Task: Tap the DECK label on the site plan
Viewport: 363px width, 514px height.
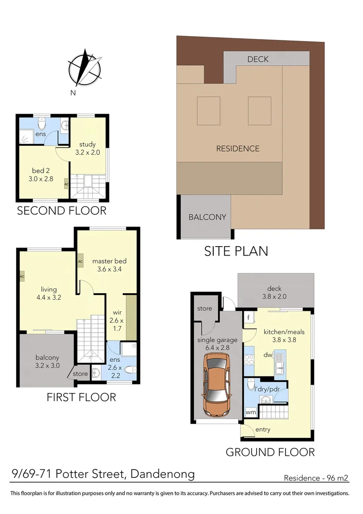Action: (258, 59)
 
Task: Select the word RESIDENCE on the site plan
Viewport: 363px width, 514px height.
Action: (238, 148)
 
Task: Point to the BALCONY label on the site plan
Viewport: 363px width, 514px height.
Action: (207, 217)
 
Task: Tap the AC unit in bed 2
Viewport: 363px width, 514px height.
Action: (66, 184)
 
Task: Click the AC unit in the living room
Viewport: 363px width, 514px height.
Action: (22, 277)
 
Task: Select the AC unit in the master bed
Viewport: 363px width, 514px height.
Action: (80, 262)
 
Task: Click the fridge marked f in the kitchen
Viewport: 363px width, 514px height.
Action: (248, 317)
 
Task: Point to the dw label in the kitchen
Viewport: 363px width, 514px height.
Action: (268, 354)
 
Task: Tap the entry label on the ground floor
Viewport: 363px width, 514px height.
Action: (263, 429)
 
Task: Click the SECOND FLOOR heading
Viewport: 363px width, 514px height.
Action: (62, 210)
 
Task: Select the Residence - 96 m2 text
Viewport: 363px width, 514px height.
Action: (316, 478)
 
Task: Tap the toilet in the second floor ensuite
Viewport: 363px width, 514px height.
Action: (42, 125)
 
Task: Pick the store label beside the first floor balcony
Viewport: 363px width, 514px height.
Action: (80, 374)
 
